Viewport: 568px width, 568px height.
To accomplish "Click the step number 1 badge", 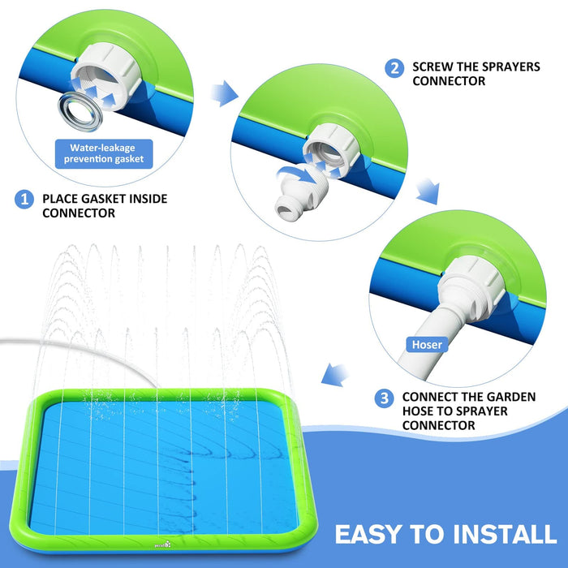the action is pyautogui.click(x=24, y=200).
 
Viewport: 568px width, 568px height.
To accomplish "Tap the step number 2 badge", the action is pyautogui.click(x=394, y=68).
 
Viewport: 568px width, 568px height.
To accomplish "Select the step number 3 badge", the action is pyautogui.click(x=384, y=398).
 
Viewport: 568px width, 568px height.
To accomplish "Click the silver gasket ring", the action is pyautogui.click(x=80, y=112).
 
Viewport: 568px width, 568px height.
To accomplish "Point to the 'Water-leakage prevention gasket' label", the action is pyautogui.click(x=104, y=153).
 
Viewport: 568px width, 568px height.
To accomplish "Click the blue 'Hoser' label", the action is pyautogui.click(x=427, y=345).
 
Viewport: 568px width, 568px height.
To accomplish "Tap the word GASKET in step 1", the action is pyautogui.click(x=104, y=199).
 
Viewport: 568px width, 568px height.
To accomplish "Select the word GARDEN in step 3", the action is pyautogui.click(x=510, y=397).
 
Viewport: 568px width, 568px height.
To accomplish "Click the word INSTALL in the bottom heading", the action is pyautogui.click(x=505, y=534).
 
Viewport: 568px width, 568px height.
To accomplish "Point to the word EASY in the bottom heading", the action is pyautogui.click(x=369, y=534).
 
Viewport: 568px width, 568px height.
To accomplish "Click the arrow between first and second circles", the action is pyautogui.click(x=225, y=93).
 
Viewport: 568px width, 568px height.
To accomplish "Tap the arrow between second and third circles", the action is pyautogui.click(x=428, y=191).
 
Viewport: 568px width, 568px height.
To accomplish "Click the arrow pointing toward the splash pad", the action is pyautogui.click(x=334, y=375).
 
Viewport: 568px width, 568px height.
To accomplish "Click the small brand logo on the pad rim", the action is pyautogui.click(x=162, y=544).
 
